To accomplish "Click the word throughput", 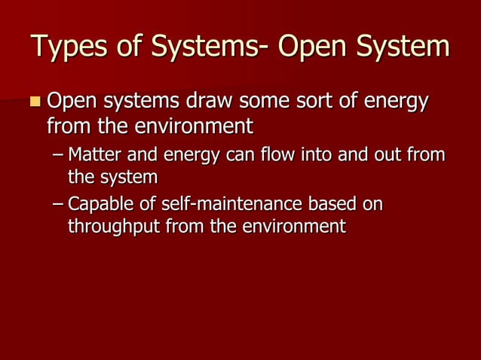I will coord(108,226).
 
